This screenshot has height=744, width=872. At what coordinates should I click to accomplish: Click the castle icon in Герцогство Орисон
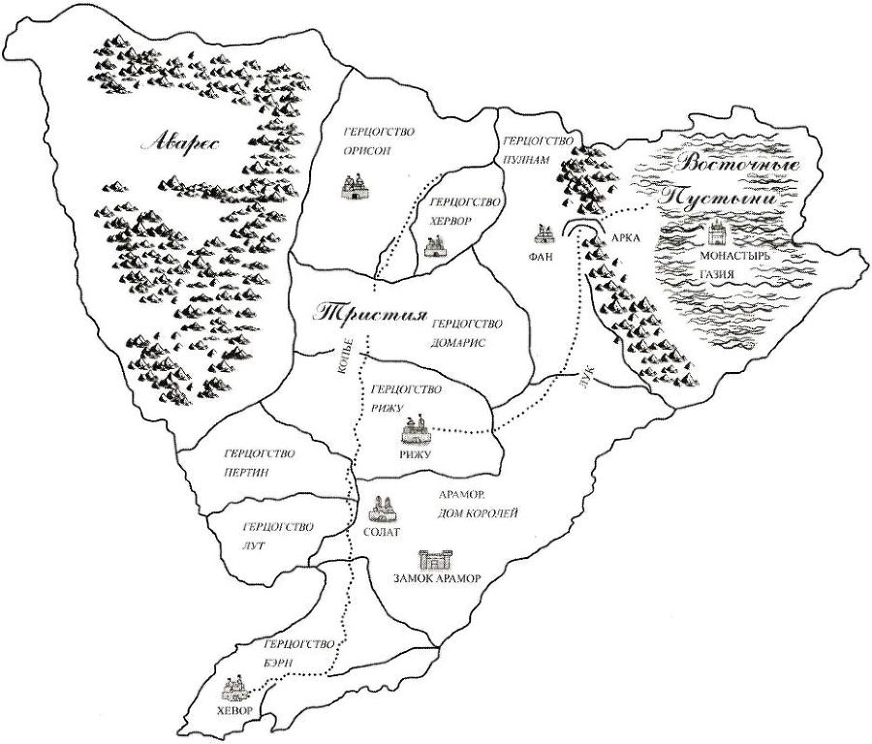pyautogui.click(x=353, y=185)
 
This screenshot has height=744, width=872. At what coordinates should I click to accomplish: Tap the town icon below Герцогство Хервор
pyautogui.click(x=433, y=247)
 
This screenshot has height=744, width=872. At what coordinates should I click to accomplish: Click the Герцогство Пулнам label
pyautogui.click(x=534, y=148)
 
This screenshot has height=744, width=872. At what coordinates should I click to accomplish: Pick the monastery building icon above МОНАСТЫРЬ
pyautogui.click(x=718, y=232)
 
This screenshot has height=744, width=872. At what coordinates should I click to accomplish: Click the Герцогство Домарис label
pyautogui.click(x=466, y=333)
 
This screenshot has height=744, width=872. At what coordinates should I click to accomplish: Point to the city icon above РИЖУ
pyautogui.click(x=416, y=429)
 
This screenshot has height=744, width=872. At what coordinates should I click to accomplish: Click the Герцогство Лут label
pyautogui.click(x=277, y=536)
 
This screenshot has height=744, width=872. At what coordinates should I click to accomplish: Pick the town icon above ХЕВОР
pyautogui.click(x=235, y=689)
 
